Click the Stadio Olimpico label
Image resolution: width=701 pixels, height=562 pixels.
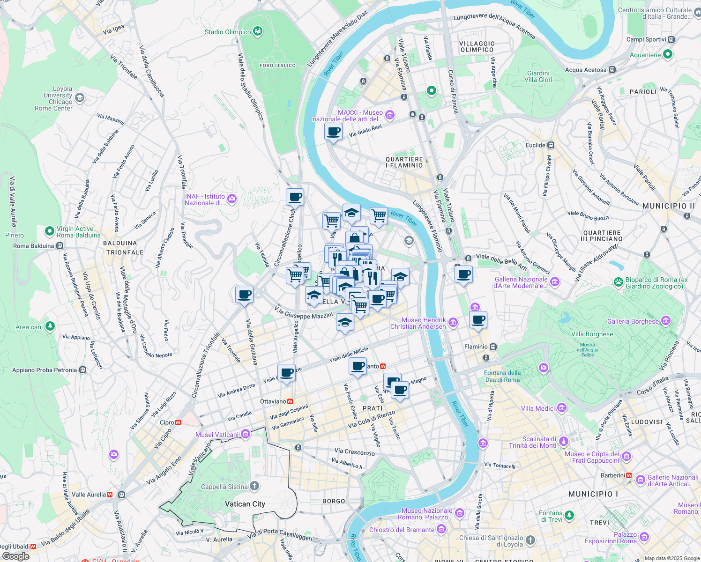(x=228, y=32)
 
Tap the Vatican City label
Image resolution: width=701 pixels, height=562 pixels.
(x=245, y=504)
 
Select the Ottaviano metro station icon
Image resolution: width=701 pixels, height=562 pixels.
(x=291, y=401)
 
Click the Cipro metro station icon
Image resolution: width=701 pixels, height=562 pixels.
(x=178, y=422)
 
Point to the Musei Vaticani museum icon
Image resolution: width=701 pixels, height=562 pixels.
(x=245, y=434)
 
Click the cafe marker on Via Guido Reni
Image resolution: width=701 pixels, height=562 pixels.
(x=333, y=133)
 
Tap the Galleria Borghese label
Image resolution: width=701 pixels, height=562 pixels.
(x=633, y=321)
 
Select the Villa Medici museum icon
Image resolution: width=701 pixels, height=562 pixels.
(x=562, y=408)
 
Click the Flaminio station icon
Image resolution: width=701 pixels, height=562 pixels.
(x=493, y=347)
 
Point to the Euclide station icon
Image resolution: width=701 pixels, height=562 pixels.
(x=551, y=145)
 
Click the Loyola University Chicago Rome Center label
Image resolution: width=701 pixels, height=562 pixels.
(x=54, y=98)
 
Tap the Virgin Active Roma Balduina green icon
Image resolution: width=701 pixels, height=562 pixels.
(x=49, y=231)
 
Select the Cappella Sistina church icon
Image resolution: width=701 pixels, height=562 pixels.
(x=254, y=486)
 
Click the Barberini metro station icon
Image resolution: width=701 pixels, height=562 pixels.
(x=628, y=475)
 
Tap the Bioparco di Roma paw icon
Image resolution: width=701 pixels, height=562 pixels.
(x=619, y=282)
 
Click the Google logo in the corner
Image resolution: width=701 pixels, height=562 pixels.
(x=15, y=556)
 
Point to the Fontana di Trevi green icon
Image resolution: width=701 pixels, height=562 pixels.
(x=569, y=516)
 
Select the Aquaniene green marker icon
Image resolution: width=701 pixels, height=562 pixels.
(x=668, y=55)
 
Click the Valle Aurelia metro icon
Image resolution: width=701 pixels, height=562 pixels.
(x=110, y=495)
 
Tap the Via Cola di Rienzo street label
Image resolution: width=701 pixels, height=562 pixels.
(x=371, y=419)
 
